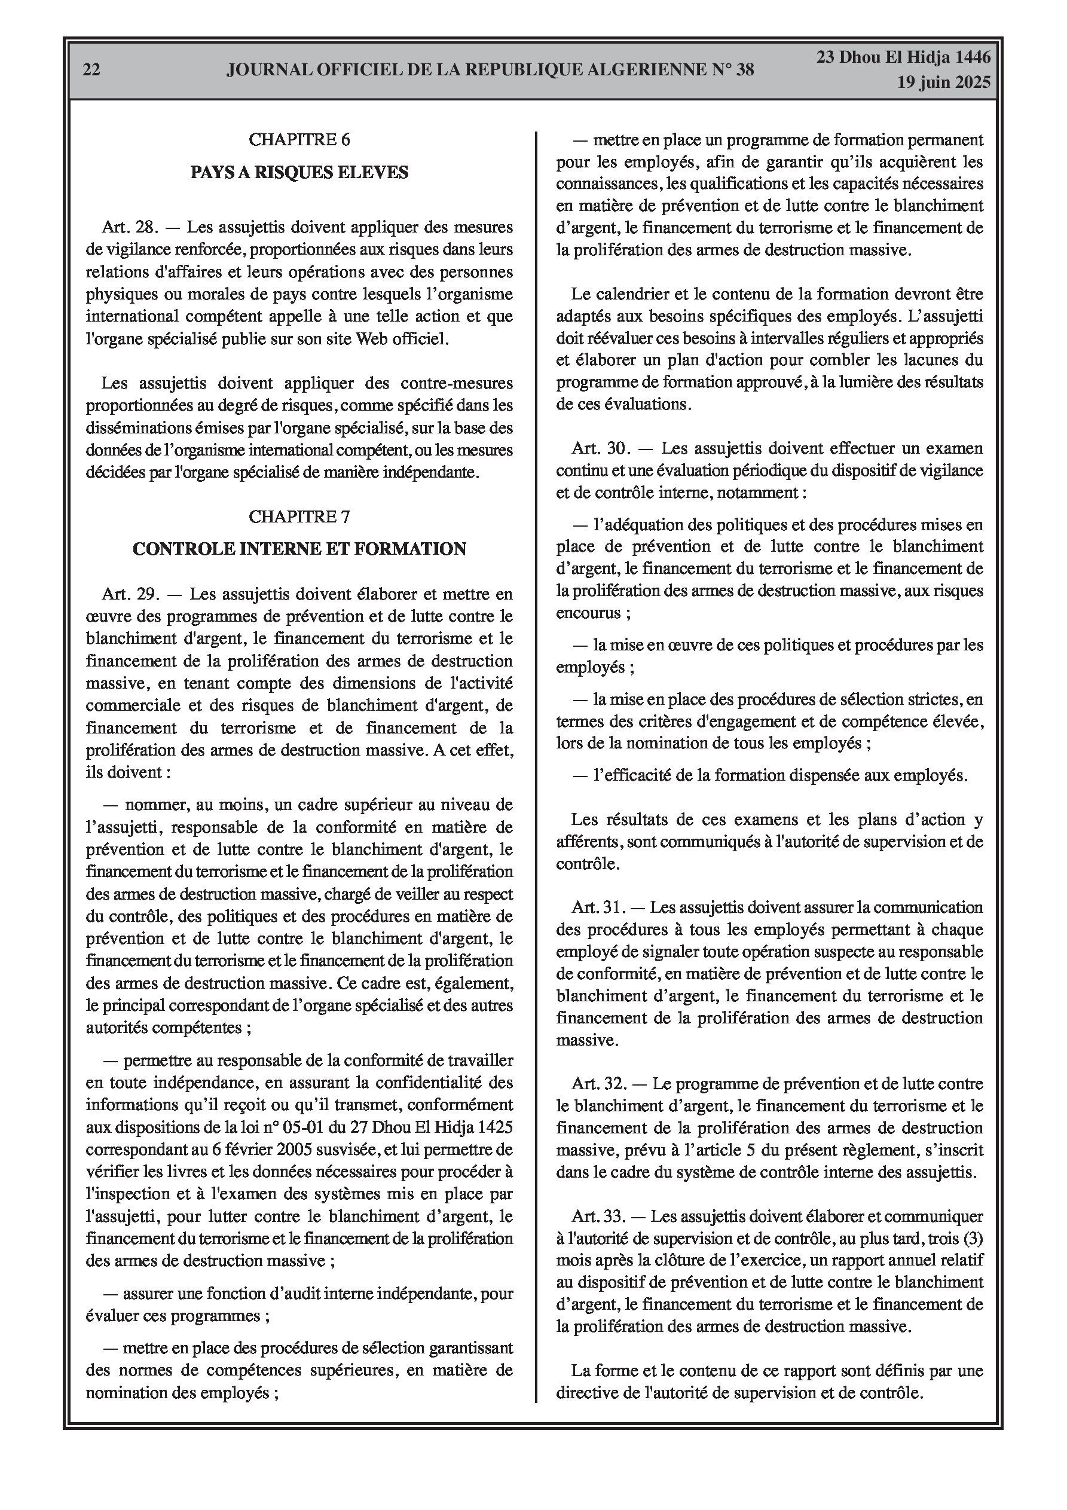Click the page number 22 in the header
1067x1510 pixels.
tap(91, 69)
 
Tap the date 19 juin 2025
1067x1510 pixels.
tap(944, 82)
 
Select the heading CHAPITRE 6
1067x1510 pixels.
tap(299, 139)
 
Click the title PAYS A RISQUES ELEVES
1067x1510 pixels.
tap(299, 172)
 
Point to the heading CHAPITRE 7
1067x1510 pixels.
tap(299, 517)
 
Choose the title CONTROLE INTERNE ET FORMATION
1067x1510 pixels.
tap(299, 549)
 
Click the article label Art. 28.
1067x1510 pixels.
tap(130, 228)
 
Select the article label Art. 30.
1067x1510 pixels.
tap(601, 448)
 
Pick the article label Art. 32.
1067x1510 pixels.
tap(600, 1084)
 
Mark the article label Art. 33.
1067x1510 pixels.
tap(600, 1216)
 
